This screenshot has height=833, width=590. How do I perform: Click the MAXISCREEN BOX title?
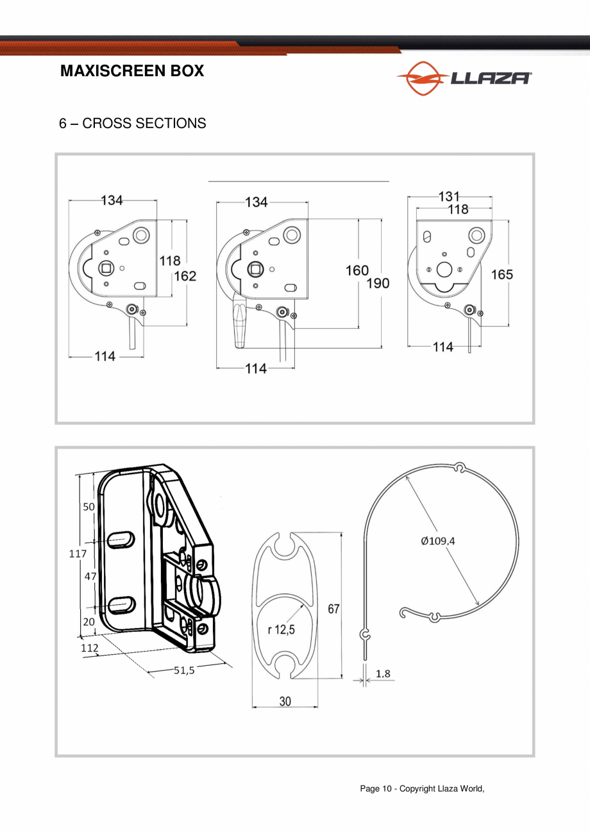tap(132, 70)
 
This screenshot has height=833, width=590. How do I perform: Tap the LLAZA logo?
tap(464, 78)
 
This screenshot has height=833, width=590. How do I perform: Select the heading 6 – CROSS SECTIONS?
tap(133, 123)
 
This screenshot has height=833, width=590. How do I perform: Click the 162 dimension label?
tap(185, 276)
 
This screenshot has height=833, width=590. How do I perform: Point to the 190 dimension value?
tap(378, 283)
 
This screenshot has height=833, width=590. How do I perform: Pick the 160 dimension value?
tap(357, 270)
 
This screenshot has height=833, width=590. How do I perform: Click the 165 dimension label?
tap(501, 274)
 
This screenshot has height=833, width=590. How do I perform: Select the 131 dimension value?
tap(449, 196)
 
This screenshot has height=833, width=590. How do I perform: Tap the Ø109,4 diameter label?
tap(438, 541)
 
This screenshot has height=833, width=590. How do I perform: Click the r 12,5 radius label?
tap(282, 629)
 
